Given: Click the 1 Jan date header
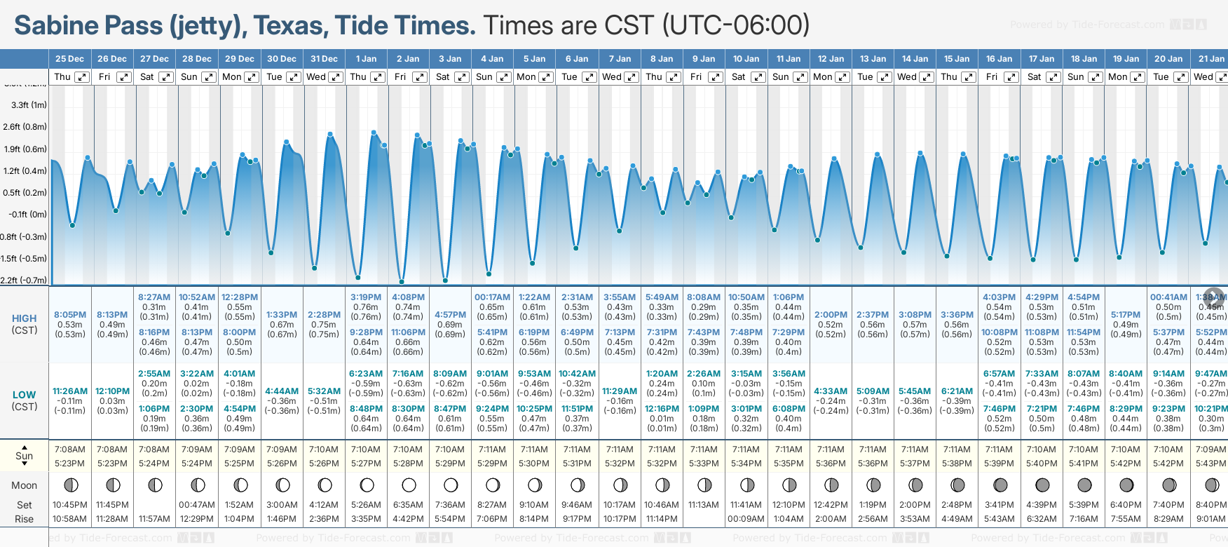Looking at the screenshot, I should (x=366, y=59).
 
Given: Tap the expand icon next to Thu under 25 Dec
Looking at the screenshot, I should (x=82, y=77).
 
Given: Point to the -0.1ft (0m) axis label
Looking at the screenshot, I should (x=28, y=215).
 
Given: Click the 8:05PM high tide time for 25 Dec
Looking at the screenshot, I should (x=70, y=315).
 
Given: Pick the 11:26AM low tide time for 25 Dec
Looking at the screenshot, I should (x=70, y=391).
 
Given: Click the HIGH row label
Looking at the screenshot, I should (x=24, y=318).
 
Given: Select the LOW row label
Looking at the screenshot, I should (x=24, y=395).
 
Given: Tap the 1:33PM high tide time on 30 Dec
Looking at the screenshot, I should (x=282, y=315).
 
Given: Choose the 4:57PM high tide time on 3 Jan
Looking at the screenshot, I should (x=450, y=315).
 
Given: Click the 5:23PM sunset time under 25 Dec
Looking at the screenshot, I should (x=70, y=464).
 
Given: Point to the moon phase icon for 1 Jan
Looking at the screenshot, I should (x=367, y=485).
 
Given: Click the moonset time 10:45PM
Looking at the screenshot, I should (x=70, y=505).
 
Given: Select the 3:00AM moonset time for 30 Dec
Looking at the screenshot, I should (x=282, y=505).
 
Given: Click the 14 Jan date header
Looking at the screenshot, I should (x=915, y=59).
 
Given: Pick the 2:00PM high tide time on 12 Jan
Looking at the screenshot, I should (x=831, y=315).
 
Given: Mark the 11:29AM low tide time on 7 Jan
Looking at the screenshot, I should (x=620, y=391).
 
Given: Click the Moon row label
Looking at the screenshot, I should (x=24, y=485).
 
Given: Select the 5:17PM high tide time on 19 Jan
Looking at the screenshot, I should (x=1126, y=315).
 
